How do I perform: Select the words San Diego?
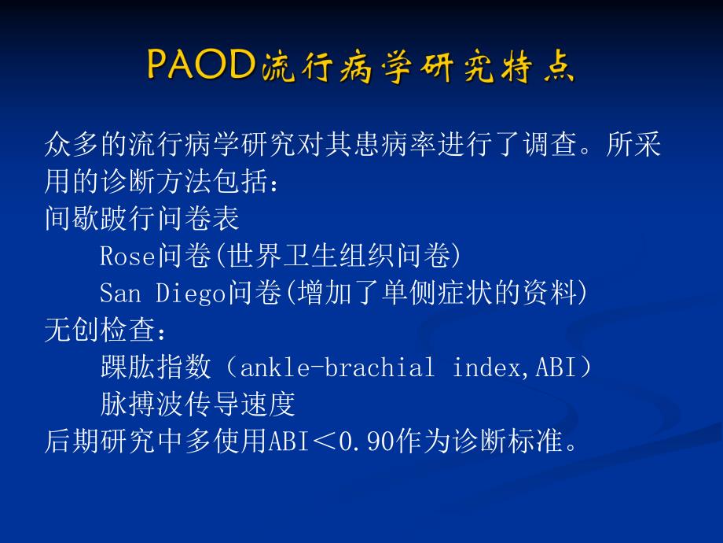(163, 294)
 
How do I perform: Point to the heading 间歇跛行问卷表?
(141, 219)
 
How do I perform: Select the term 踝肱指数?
(156, 368)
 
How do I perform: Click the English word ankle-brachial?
(336, 368)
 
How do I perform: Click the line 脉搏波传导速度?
(197, 404)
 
